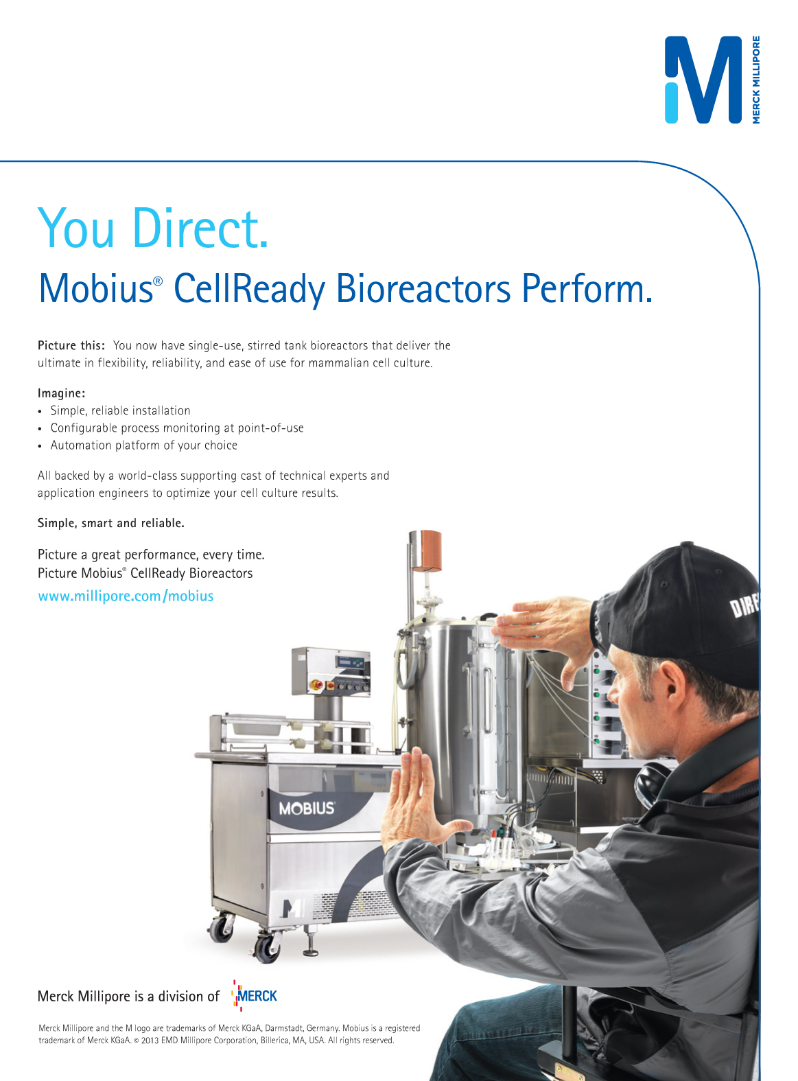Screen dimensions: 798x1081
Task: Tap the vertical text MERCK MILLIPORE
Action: click(x=755, y=80)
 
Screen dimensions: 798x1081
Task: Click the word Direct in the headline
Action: click(x=200, y=228)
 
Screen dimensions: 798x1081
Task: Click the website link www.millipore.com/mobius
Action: click(x=126, y=596)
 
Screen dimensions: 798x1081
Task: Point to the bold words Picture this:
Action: click(x=71, y=345)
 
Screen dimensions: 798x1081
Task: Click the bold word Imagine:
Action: click(x=61, y=393)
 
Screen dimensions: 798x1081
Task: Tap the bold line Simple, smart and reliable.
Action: click(x=111, y=523)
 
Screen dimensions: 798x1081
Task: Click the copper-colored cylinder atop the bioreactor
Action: click(x=426, y=550)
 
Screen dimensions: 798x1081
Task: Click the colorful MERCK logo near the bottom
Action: click(x=255, y=996)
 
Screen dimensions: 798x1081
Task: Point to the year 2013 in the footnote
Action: click(x=150, y=1041)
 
